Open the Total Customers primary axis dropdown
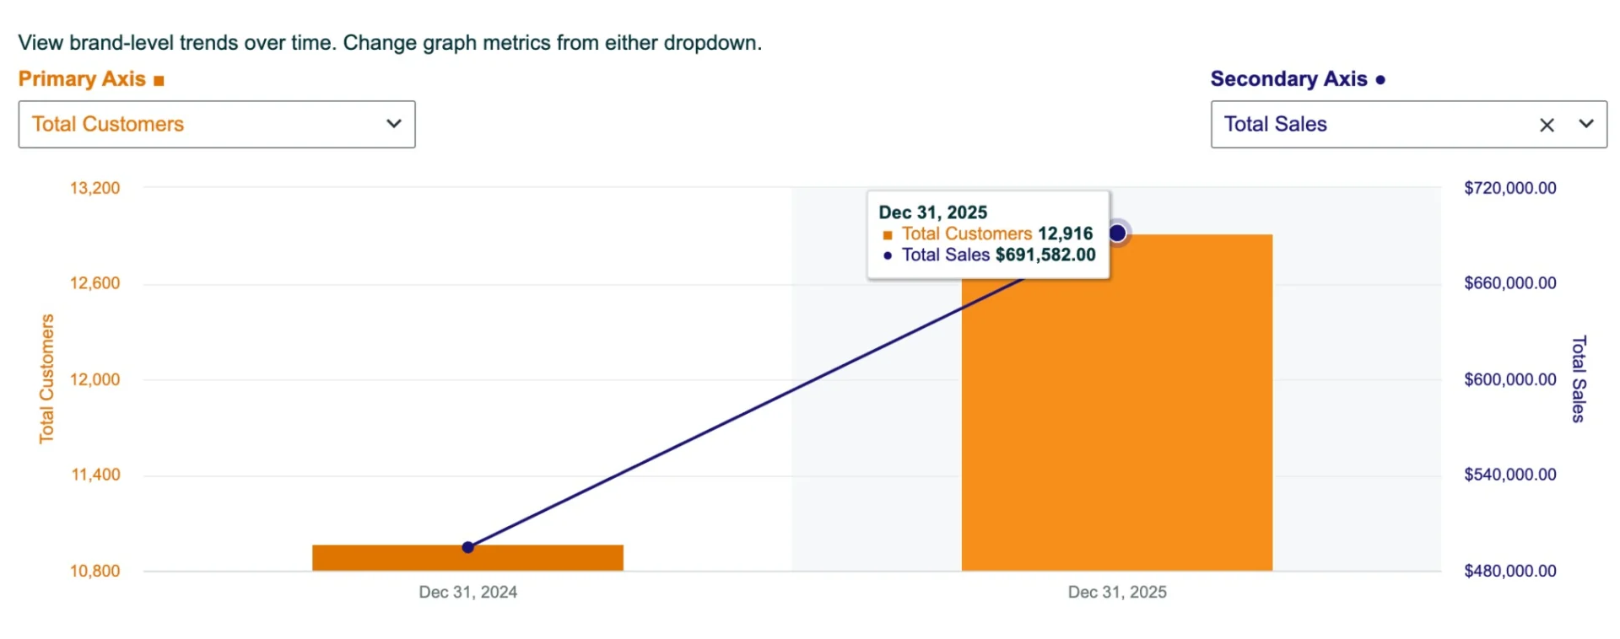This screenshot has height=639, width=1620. click(x=216, y=125)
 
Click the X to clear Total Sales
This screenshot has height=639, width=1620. click(x=1547, y=126)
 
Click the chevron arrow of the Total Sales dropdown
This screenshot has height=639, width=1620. click(x=1586, y=124)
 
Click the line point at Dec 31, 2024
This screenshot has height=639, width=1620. click(x=467, y=548)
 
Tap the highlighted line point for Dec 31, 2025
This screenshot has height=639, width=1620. click(x=1117, y=233)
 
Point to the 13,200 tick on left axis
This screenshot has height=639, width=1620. click(x=94, y=188)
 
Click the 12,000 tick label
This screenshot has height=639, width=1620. click(x=94, y=379)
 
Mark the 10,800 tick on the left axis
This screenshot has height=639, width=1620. click(x=94, y=571)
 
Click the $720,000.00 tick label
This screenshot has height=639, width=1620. click(x=1509, y=188)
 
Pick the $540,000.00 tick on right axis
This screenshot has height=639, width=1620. click(x=1509, y=475)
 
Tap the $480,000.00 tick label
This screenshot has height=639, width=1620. click(x=1509, y=571)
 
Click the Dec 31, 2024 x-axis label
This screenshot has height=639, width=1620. click(x=467, y=592)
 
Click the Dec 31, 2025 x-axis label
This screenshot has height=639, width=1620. click(x=1116, y=592)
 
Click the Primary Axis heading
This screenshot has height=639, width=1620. click(x=83, y=79)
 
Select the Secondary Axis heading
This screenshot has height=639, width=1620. click(x=1288, y=79)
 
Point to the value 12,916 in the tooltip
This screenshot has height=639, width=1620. click(x=1065, y=234)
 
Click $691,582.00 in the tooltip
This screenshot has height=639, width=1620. click(x=1045, y=255)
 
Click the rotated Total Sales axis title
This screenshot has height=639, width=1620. click(x=1579, y=379)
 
